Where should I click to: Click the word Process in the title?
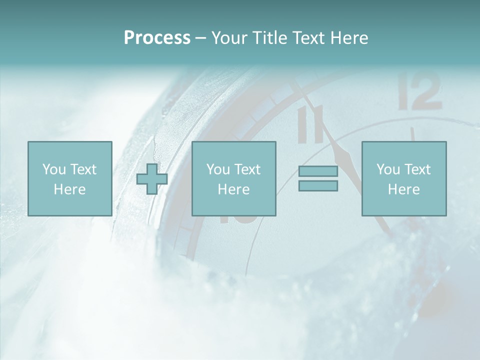click(x=157, y=38)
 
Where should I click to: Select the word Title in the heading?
click(x=270, y=38)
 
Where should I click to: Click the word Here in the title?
click(x=350, y=38)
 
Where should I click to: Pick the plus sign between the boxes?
click(x=152, y=179)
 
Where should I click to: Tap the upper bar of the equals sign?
click(x=318, y=171)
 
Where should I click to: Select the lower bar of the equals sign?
click(x=318, y=185)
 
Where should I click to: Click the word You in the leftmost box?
click(x=54, y=169)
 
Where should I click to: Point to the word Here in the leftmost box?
click(x=70, y=189)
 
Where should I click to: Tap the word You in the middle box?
click(x=218, y=169)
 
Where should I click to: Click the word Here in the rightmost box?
click(x=404, y=189)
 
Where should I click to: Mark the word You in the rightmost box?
click(x=388, y=169)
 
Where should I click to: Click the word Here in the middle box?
click(x=234, y=189)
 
